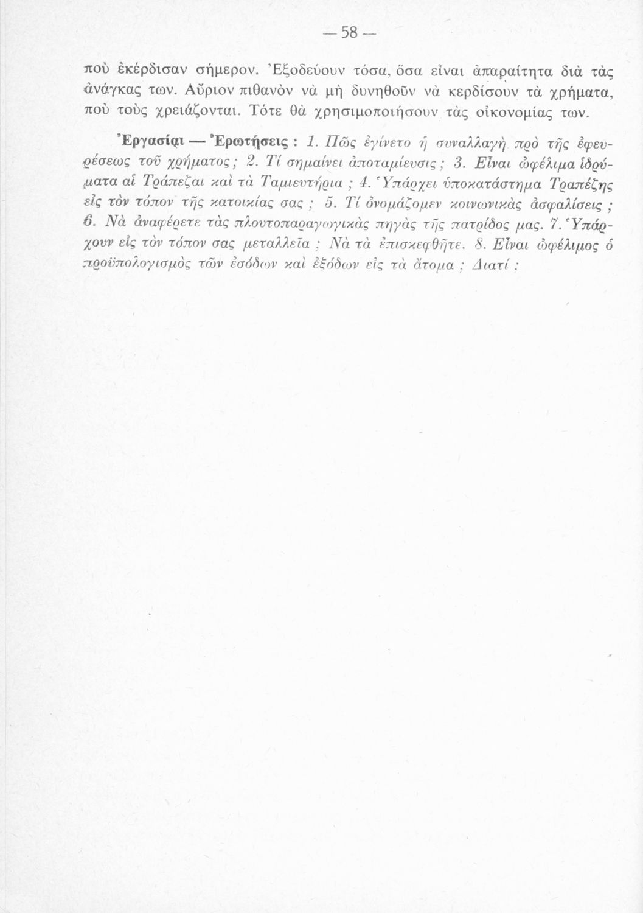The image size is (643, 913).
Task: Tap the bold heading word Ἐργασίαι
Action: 122,144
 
